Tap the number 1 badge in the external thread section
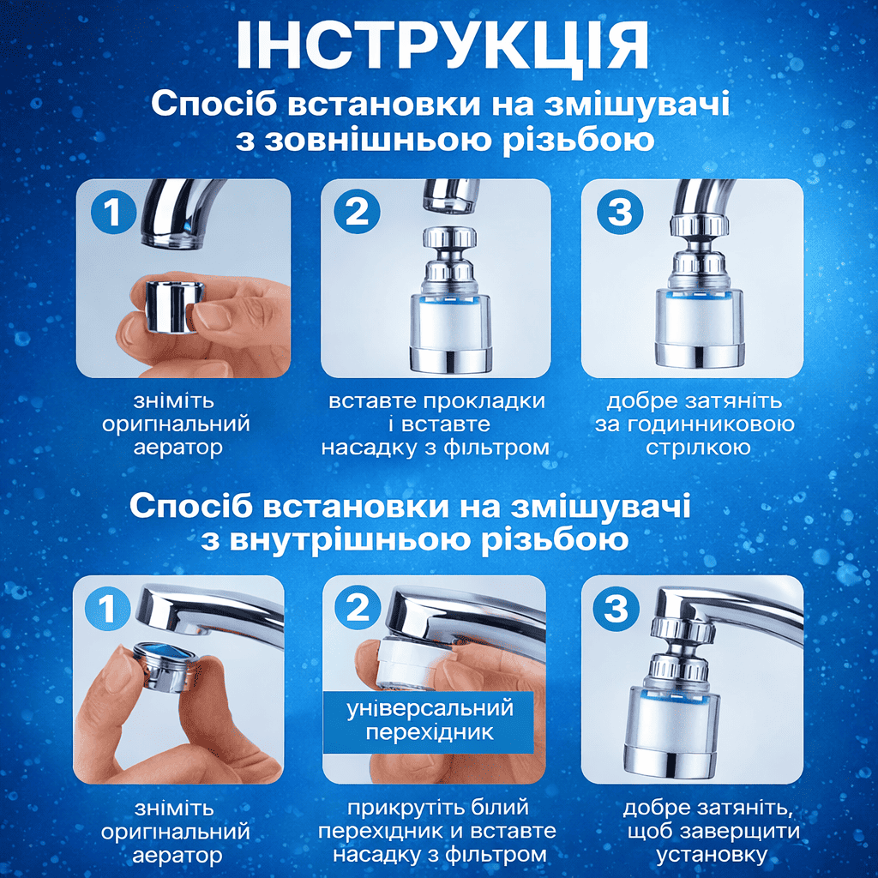coord(114,212)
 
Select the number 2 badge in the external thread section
coord(358,212)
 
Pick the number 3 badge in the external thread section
coord(620,212)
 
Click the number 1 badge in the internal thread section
coord(107,608)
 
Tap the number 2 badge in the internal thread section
coord(358,608)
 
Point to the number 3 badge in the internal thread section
coord(616,608)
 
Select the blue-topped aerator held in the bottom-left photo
coord(165,665)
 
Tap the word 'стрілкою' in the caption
coord(698,448)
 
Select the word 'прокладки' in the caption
coord(484,402)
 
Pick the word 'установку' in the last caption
coord(712,856)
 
